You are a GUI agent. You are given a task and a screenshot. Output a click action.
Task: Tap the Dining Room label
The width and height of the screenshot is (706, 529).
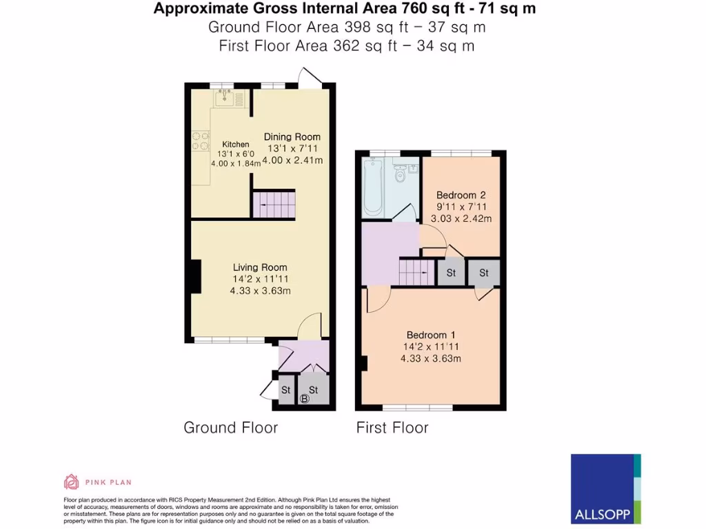(x=292, y=137)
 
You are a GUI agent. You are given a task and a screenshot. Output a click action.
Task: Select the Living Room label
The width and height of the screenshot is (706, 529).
(x=260, y=267)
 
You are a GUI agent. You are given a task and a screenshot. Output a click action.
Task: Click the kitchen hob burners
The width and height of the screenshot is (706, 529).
(x=200, y=141)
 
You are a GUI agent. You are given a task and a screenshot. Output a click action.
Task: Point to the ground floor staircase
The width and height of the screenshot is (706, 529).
(x=273, y=205)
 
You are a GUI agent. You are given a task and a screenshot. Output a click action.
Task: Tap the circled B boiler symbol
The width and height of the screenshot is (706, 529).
(x=305, y=399)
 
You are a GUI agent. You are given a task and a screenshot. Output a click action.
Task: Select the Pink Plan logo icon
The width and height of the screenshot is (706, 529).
(x=72, y=481)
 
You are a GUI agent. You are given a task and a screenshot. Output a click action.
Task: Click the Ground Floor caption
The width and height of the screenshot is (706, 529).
(x=230, y=428)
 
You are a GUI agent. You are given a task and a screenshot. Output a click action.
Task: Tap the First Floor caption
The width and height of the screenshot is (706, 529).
(x=392, y=428)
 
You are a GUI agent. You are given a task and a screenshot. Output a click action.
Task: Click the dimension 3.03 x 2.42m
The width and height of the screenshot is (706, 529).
(x=461, y=219)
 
